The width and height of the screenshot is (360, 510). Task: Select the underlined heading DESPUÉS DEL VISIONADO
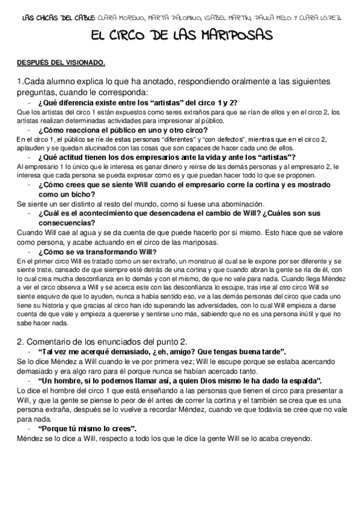(x=61, y=63)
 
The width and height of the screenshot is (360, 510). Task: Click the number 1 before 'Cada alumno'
(x=20, y=81)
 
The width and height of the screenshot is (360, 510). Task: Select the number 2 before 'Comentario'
(x=20, y=342)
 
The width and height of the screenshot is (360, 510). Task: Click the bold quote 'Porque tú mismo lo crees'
(x=86, y=428)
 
